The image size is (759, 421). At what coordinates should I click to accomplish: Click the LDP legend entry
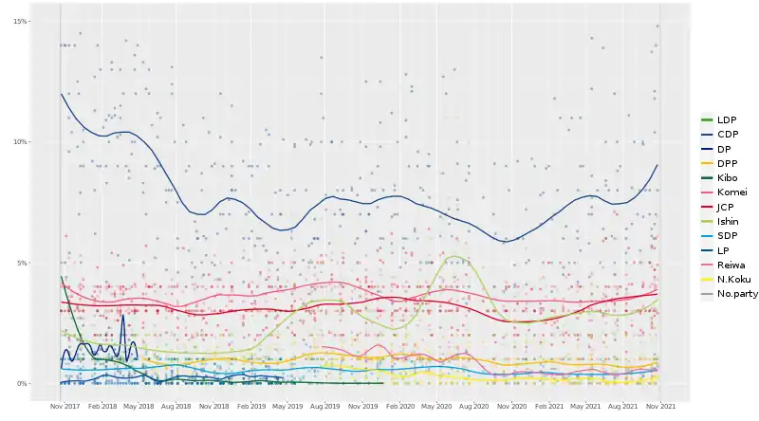pyautogui.click(x=728, y=120)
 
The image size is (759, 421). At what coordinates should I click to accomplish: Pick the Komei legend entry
pyautogui.click(x=731, y=192)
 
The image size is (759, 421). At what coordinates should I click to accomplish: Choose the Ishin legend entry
pyautogui.click(x=729, y=221)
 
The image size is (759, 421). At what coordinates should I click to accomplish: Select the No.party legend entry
pyautogui.click(x=737, y=294)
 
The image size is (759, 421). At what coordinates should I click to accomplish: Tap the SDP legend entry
pyautogui.click(x=728, y=235)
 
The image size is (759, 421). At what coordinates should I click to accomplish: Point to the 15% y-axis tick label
pyautogui.click(x=20, y=22)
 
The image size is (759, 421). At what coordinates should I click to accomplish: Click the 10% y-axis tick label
pyautogui.click(x=20, y=142)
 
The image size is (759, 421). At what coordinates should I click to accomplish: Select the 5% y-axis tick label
pyautogui.click(x=22, y=263)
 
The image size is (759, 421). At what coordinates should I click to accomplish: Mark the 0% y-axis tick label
pyautogui.click(x=22, y=383)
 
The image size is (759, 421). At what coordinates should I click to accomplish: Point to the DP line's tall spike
pyautogui.click(x=122, y=316)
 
